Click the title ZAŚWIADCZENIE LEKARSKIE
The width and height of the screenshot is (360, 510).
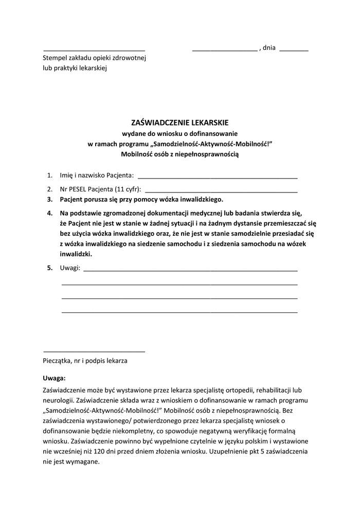tap(179, 123)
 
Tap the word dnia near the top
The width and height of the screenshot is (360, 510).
tap(269, 48)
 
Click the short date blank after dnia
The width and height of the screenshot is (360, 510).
tap(294, 50)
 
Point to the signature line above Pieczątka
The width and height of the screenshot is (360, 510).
tap(94, 351)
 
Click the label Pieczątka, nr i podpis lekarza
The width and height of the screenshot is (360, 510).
tap(85, 361)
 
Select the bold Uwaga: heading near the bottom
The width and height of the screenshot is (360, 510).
tap(54, 378)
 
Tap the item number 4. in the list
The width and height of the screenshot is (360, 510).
tap(50, 213)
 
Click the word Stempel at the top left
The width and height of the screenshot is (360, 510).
tap(56, 58)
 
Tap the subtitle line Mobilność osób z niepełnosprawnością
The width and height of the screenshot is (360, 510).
tap(179, 153)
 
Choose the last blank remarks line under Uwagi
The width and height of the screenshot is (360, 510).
tap(179, 312)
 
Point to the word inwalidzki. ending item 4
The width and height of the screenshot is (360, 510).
tap(76, 254)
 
